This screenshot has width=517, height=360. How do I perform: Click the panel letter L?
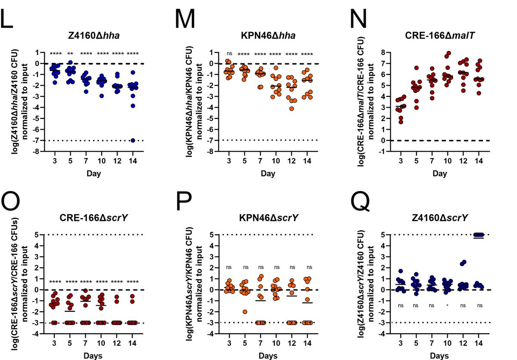(x=9, y=19)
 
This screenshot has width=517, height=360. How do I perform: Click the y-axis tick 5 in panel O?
(x=33, y=235)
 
